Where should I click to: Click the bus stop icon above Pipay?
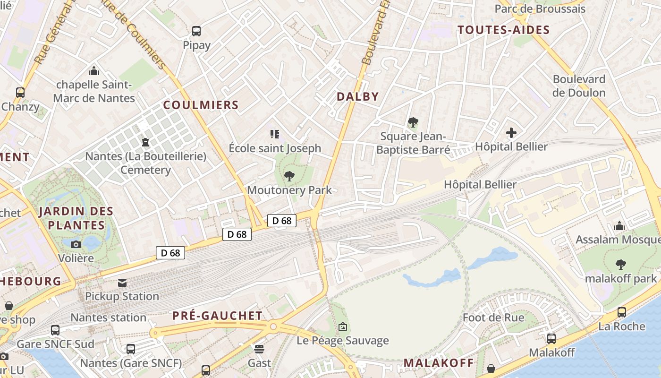click(196, 31)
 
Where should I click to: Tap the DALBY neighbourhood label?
click(357, 97)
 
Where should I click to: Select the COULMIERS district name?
click(201, 105)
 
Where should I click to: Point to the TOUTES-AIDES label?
click(504, 30)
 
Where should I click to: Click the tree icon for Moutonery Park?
click(289, 176)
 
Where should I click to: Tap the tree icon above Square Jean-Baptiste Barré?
click(413, 122)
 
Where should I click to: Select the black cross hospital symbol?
click(511, 133)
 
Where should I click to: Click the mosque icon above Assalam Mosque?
click(619, 226)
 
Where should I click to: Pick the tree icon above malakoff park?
click(620, 265)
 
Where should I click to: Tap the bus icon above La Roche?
click(622, 312)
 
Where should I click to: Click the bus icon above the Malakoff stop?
click(551, 338)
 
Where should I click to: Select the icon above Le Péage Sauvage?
click(343, 326)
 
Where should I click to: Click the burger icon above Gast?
click(259, 349)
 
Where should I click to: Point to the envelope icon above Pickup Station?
click(122, 283)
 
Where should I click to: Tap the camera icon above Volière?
click(76, 244)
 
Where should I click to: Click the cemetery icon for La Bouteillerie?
click(145, 142)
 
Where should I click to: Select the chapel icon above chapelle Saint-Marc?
click(94, 71)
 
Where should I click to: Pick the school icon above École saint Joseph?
click(275, 134)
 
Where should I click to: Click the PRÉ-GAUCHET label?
click(217, 316)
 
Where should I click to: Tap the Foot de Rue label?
click(493, 318)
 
